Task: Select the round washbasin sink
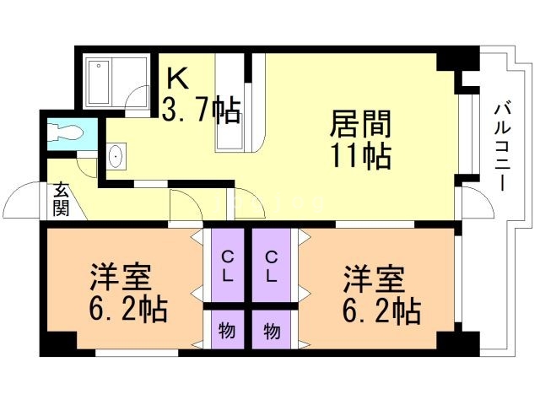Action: pos(116,157)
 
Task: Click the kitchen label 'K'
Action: pos(178,78)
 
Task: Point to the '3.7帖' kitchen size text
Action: pos(201,109)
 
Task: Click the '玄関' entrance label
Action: pos(61,200)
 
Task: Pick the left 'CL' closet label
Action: pos(228,266)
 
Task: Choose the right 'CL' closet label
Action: pos(272,266)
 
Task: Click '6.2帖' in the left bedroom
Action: pos(127,310)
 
